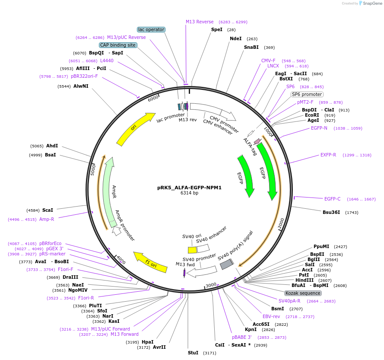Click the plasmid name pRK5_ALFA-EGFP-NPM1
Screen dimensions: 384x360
point(189,188)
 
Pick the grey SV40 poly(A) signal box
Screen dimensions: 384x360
point(227,264)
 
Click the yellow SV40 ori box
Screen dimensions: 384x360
point(192,250)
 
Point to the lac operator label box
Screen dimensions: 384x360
point(151,29)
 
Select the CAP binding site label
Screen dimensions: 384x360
point(118,45)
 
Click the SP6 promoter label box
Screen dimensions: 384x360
point(307,94)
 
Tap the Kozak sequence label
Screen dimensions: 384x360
point(303,293)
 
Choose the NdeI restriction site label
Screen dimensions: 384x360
point(236,38)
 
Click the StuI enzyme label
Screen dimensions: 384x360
point(193,353)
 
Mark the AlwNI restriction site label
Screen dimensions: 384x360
point(81,86)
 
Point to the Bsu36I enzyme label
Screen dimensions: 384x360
point(331,212)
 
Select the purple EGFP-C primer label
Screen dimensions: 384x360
point(332,199)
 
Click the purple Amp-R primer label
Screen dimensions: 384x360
point(47,219)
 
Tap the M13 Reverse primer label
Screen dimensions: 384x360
point(200,22)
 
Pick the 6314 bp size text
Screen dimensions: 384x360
point(189,193)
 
